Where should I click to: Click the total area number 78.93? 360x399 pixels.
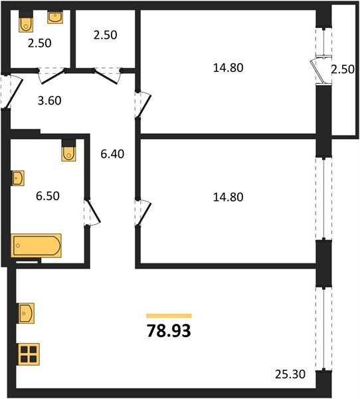click(x=169, y=331)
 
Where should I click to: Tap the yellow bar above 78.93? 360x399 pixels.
click(x=169, y=316)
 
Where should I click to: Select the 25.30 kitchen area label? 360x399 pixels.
click(x=290, y=374)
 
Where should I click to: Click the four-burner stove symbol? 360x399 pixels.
click(x=29, y=354)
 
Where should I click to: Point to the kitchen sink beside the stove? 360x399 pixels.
click(x=27, y=313)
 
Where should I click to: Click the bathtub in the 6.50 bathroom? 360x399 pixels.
click(x=36, y=245)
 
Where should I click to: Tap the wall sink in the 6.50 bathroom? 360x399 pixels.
click(x=18, y=178)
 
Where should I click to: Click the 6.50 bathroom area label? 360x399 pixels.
click(x=48, y=196)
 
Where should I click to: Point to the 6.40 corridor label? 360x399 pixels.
click(x=112, y=154)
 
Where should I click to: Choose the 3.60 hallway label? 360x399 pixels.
click(x=50, y=101)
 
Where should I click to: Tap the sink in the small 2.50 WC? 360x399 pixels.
click(x=55, y=17)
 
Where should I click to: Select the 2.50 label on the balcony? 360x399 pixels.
click(x=343, y=69)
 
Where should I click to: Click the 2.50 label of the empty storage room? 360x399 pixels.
click(x=105, y=35)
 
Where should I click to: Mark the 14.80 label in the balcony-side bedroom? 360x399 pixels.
click(x=228, y=68)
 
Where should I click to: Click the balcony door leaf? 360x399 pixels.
click(x=317, y=71)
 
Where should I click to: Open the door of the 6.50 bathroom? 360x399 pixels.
click(x=94, y=211)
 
